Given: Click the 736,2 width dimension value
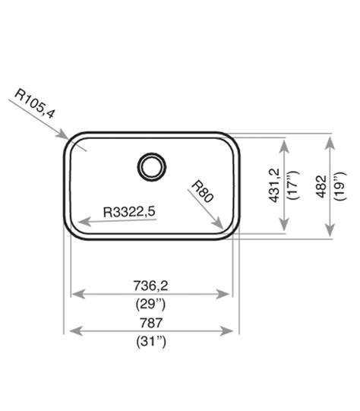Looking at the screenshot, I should point(150,286).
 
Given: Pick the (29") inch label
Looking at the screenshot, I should point(150,304).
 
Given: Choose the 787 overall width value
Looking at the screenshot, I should point(151,322).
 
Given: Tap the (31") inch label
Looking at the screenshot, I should point(150,341).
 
